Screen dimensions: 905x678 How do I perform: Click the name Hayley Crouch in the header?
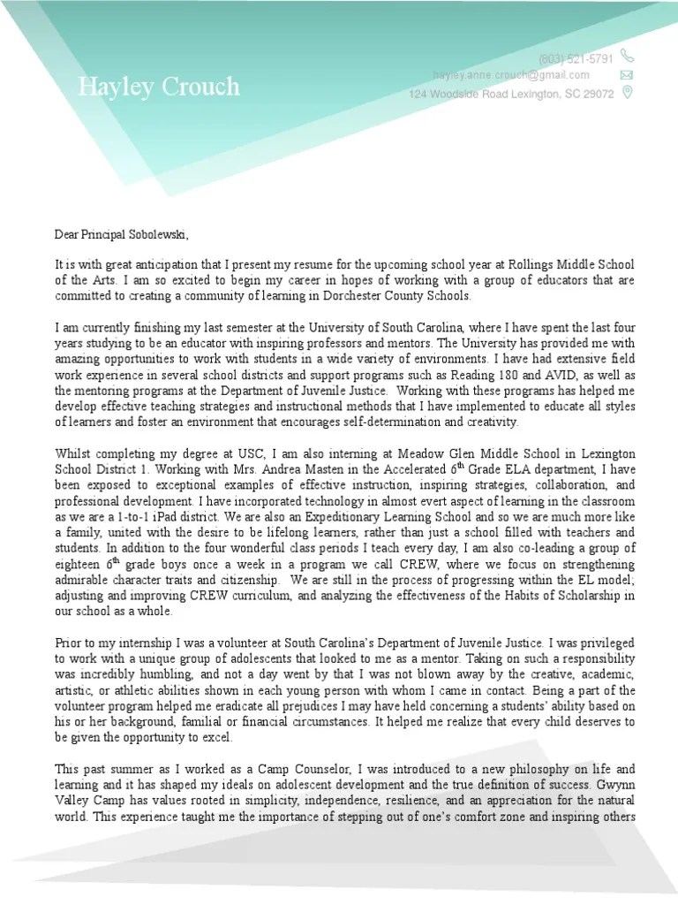158,87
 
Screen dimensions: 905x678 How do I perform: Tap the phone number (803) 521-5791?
575,58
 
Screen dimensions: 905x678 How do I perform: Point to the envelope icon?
628,75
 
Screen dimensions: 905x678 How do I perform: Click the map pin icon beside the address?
628,93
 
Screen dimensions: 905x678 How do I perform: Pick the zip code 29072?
597,94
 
